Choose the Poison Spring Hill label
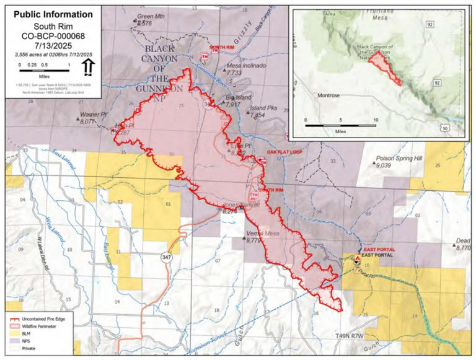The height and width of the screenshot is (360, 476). coord(399,159)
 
